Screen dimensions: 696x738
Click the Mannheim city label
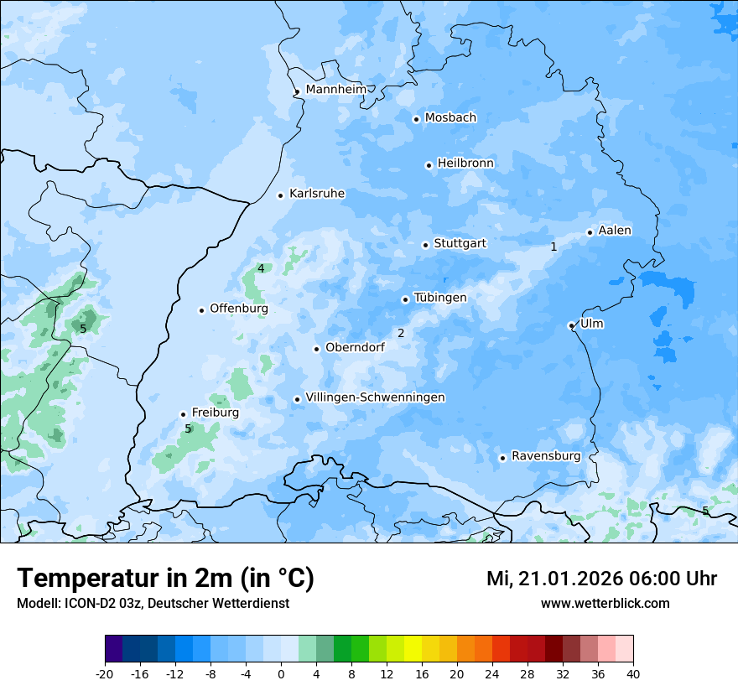click(x=336, y=90)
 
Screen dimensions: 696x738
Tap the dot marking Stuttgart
click(x=425, y=245)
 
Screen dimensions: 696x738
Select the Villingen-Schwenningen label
click(x=375, y=397)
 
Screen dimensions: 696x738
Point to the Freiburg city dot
click(x=183, y=414)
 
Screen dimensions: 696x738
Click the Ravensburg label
click(x=546, y=456)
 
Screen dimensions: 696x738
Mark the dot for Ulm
click(x=571, y=325)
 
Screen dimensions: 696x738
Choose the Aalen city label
click(x=615, y=231)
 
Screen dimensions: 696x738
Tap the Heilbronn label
click(x=465, y=164)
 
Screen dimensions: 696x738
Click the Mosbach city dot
click(x=416, y=119)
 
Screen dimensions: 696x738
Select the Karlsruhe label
click(x=317, y=194)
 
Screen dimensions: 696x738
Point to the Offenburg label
click(x=239, y=309)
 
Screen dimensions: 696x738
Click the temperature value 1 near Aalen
click(x=553, y=247)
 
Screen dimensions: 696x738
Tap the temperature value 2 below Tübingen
click(x=401, y=333)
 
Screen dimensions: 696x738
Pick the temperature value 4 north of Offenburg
click(x=261, y=268)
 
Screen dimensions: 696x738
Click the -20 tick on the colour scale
click(x=105, y=674)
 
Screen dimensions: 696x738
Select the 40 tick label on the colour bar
click(x=633, y=674)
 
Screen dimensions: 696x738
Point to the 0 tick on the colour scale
click(x=281, y=674)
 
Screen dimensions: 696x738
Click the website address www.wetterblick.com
click(x=605, y=604)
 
